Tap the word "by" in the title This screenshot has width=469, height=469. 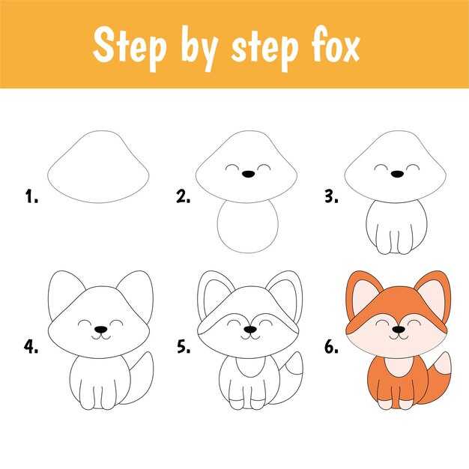click(x=199, y=48)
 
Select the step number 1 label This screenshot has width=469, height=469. click(x=31, y=196)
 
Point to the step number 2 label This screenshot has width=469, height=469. click(x=183, y=196)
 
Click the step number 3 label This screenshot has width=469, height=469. click(x=331, y=196)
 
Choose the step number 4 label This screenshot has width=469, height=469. click(x=31, y=346)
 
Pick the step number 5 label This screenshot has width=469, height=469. click(x=183, y=346)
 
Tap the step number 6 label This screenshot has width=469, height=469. click(x=331, y=346)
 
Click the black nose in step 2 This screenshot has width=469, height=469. click(x=248, y=174)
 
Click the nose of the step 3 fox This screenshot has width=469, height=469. click(x=397, y=174)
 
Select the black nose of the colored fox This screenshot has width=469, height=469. click(x=399, y=330)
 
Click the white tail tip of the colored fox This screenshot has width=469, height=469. click(x=444, y=364)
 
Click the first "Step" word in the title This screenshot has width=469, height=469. click(x=129, y=46)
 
